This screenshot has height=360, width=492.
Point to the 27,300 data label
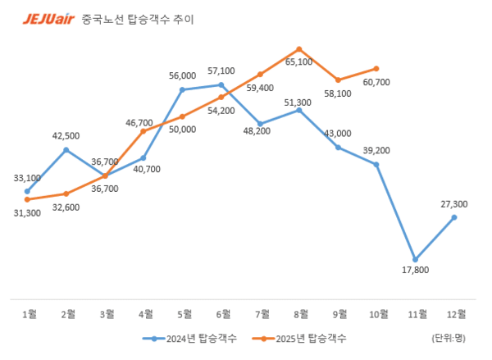click(x=453, y=204)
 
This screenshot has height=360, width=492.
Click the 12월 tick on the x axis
click(x=453, y=313)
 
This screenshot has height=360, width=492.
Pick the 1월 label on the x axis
click(x=27, y=313)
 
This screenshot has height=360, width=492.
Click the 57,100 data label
click(x=221, y=71)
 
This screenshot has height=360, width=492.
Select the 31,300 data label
click(x=27, y=213)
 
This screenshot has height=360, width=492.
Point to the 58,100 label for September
click(x=337, y=94)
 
